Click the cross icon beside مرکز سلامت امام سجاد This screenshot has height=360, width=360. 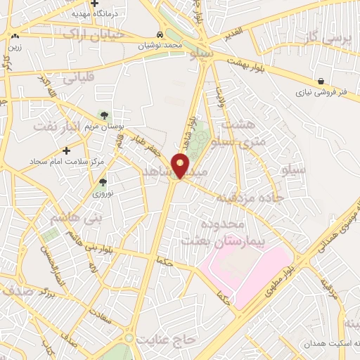67,150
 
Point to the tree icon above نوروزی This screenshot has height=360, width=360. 98,181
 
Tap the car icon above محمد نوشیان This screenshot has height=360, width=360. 161,34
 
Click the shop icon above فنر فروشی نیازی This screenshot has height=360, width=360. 320,80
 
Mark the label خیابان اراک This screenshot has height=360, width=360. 93,34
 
